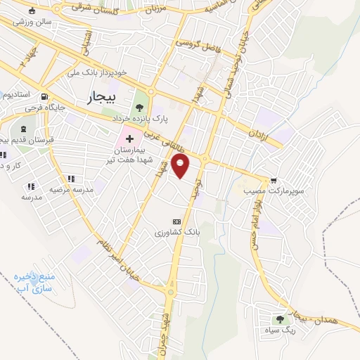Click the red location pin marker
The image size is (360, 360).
181,167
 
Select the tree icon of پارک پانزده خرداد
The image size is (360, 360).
139,108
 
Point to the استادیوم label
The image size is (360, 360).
15,94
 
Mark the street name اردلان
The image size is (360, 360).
257,131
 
